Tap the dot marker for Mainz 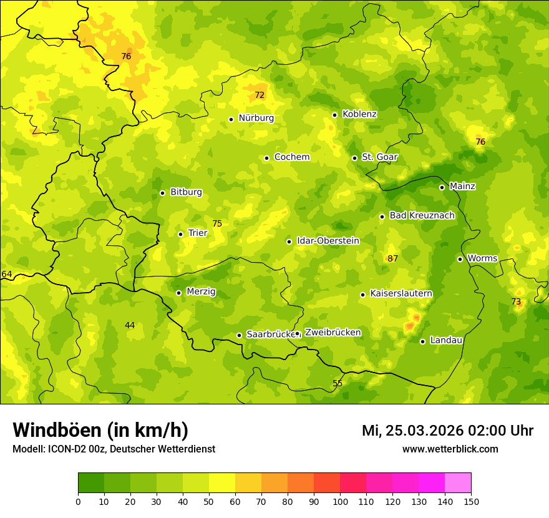click(442, 187)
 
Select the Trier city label click(198, 233)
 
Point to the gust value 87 click(392, 258)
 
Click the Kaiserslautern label click(401, 293)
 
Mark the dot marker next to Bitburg click(162, 193)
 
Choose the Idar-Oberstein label click(328, 240)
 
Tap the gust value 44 click(130, 325)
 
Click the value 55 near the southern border click(338, 383)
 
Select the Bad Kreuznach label click(422, 215)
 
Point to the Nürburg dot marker click(231, 119)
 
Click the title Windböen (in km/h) click(100, 430)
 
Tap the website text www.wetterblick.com click(450, 449)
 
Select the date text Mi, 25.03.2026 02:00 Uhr click(447, 431)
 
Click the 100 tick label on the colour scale click(340, 501)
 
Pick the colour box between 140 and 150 click(458, 483)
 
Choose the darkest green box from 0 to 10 click(91, 483)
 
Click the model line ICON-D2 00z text click(114, 449)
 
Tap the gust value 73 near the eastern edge click(516, 301)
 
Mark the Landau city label click(446, 340)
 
